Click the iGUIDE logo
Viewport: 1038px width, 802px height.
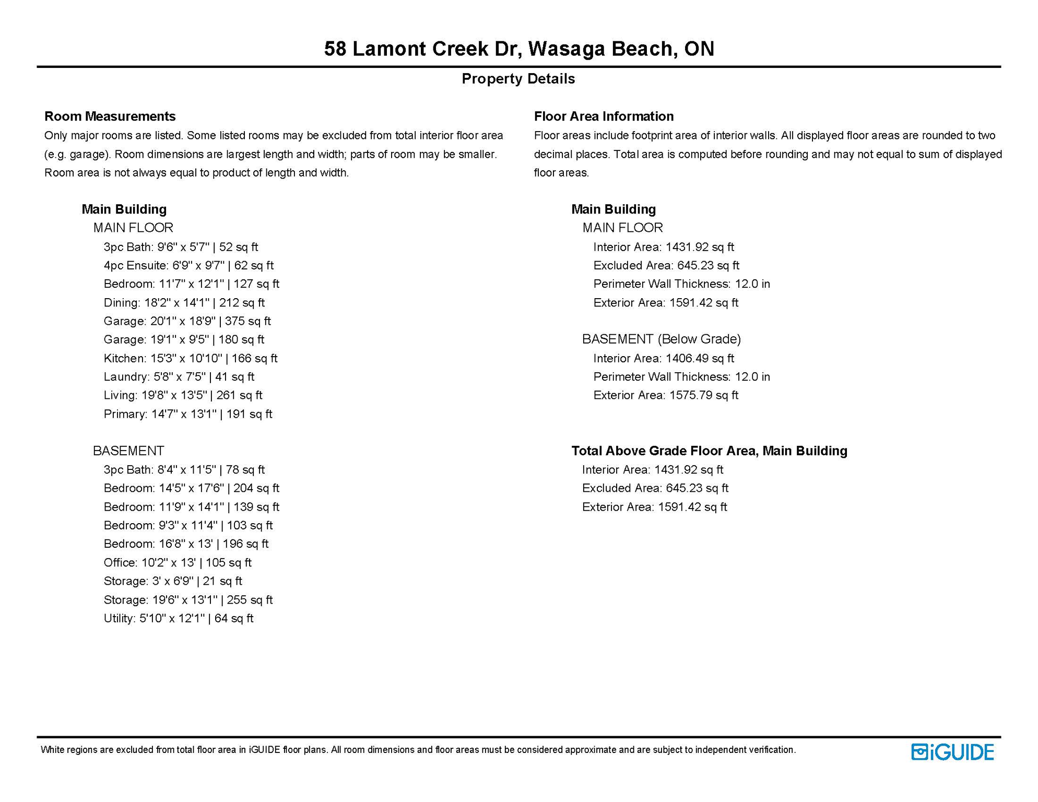pos(952,752)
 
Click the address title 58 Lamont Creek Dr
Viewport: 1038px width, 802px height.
pos(518,49)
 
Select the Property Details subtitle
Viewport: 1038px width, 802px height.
pos(518,79)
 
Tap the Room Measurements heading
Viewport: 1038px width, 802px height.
pos(110,116)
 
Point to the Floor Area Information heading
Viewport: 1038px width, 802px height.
pos(604,116)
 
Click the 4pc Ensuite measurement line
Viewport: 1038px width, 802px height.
pos(188,265)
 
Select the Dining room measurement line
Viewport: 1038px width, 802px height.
pos(184,303)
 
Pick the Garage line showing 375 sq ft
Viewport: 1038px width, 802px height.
pos(187,321)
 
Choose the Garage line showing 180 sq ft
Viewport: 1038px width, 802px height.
pos(184,339)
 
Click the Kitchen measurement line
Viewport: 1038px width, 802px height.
pos(190,358)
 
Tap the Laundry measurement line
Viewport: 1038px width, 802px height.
pos(179,376)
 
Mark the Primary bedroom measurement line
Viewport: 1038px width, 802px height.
pos(187,414)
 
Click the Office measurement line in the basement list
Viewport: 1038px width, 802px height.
pos(178,562)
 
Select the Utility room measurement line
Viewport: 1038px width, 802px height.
pos(178,618)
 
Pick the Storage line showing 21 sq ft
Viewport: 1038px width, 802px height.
pos(173,581)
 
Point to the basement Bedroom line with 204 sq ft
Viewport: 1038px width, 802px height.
pos(191,488)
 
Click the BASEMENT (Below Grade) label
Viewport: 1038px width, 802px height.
pos(662,339)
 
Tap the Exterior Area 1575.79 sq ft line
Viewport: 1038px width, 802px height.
pos(666,395)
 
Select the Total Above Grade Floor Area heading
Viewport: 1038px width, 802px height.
pos(709,451)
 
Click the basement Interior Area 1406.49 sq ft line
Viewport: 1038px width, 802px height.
pos(664,358)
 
